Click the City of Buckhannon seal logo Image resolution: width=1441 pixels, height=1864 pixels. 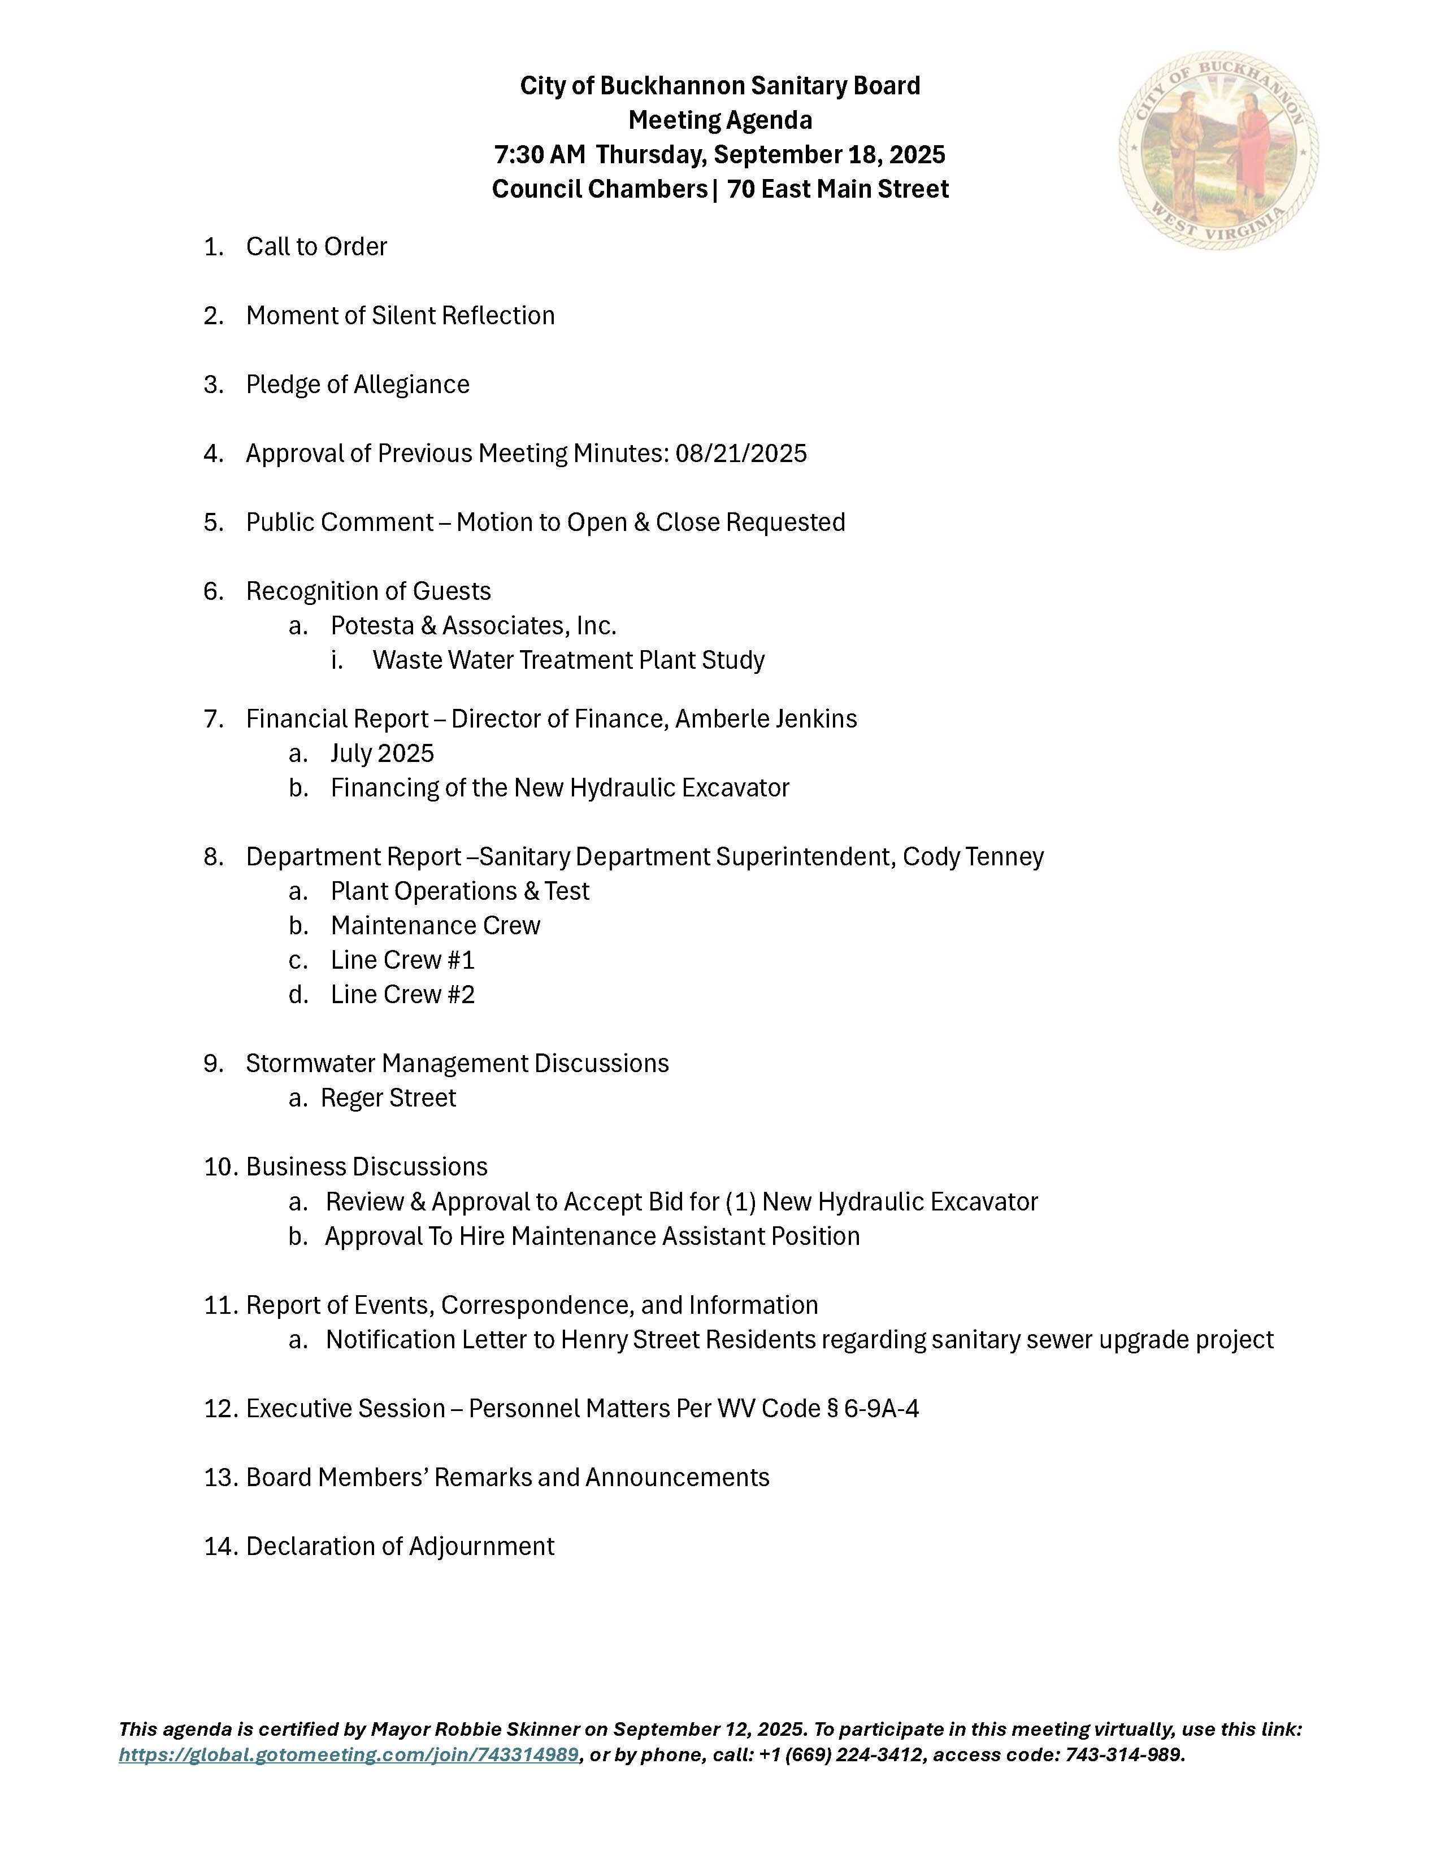pos(1218,150)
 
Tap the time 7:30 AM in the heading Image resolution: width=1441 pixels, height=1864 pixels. pos(540,154)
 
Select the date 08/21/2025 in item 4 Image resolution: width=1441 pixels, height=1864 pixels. pos(741,453)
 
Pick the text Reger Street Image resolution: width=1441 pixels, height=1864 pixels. pos(388,1098)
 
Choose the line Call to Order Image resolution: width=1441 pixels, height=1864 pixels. pos(316,247)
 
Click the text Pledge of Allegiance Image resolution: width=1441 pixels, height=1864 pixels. pos(358,385)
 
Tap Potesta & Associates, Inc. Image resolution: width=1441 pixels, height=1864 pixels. pos(474,626)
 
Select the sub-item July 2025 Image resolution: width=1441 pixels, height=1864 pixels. pos(383,754)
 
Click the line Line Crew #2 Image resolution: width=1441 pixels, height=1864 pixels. pos(403,994)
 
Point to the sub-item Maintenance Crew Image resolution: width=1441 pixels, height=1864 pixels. pos(435,925)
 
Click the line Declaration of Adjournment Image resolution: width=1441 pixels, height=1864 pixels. pos(401,1547)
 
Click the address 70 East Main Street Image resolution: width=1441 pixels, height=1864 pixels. pos(837,189)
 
